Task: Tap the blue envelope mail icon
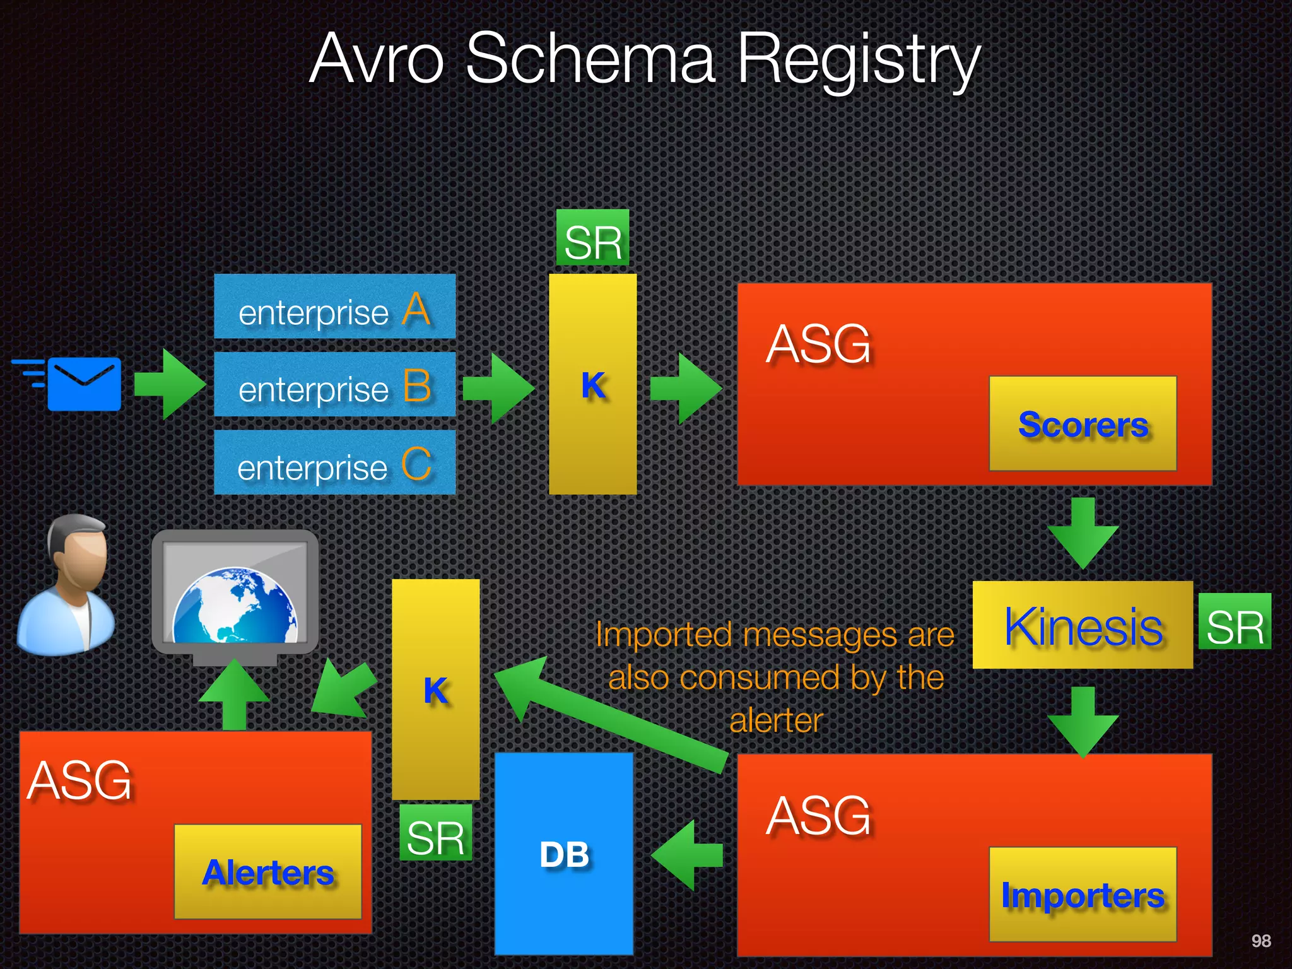pyautogui.click(x=84, y=384)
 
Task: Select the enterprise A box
pyautogui.click(x=334, y=307)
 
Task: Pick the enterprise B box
pyautogui.click(x=334, y=384)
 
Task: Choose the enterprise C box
pyautogui.click(x=334, y=462)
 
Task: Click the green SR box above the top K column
pyautogui.click(x=592, y=238)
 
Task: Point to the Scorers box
pyautogui.click(x=1083, y=423)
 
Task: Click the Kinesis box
pyautogui.click(x=1083, y=625)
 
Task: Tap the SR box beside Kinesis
pyautogui.click(x=1235, y=622)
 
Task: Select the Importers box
pyautogui.click(x=1083, y=895)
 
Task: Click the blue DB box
pyautogui.click(x=564, y=854)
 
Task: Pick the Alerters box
pyautogui.click(x=267, y=872)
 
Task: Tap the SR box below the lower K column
pyautogui.click(x=435, y=833)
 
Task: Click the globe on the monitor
pyautogui.click(x=235, y=606)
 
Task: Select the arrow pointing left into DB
pyautogui.click(x=686, y=855)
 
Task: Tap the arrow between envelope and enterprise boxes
pyautogui.click(x=169, y=384)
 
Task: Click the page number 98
pyautogui.click(x=1260, y=941)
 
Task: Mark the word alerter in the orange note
pyautogui.click(x=776, y=720)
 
